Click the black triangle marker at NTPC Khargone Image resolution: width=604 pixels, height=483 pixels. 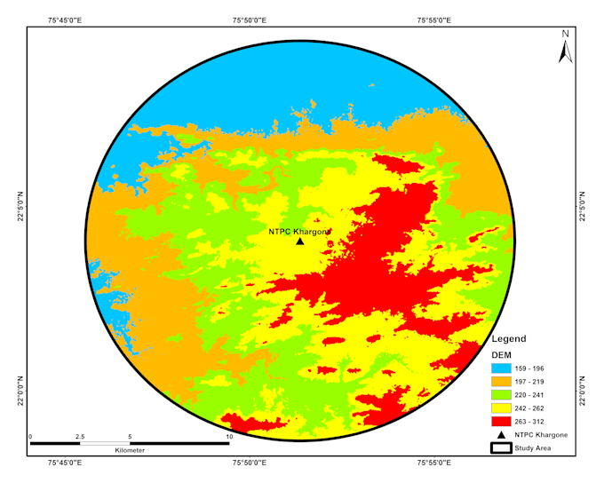pos(300,241)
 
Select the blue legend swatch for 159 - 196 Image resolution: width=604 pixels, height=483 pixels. pos(503,368)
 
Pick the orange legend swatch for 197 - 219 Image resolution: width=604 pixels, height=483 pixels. pos(503,382)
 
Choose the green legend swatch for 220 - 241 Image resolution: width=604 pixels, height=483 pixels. pos(503,395)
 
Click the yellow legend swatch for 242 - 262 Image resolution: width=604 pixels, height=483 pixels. pos(503,408)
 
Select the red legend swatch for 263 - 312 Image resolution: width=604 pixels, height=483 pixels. pos(503,422)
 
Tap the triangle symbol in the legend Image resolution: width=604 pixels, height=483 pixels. pos(503,435)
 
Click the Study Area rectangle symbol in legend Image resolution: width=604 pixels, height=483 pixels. pos(503,448)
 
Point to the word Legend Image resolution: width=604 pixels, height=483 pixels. pos(509,339)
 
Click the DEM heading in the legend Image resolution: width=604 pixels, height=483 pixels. pos(502,354)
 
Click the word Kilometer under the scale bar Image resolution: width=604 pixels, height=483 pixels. pos(130,451)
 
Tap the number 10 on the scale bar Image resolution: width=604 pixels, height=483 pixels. pos(228,437)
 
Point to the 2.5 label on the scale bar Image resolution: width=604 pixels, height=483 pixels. pos(80,437)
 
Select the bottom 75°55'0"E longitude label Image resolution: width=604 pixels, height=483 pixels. pos(433,463)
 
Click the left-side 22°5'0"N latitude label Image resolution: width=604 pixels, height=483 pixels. pos(20,205)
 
